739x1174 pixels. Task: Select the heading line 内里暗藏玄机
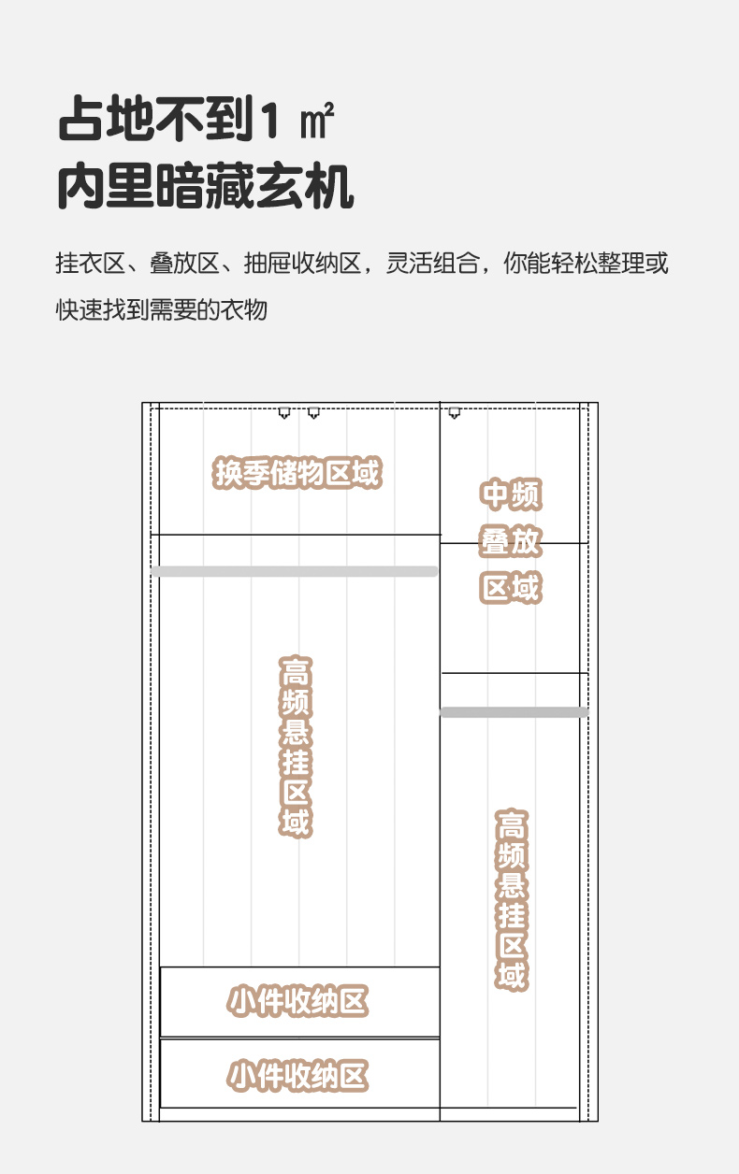tap(206, 187)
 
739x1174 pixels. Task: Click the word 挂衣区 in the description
tap(90, 264)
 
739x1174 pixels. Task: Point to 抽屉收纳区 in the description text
tap(303, 264)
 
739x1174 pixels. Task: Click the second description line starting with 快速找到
tap(162, 309)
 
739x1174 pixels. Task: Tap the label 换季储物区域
tap(297, 473)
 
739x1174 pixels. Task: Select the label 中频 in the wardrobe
tap(511, 494)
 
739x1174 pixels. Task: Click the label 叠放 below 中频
tap(511, 541)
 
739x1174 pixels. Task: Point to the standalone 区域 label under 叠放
tap(511, 588)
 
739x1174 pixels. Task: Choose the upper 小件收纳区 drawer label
tap(298, 1001)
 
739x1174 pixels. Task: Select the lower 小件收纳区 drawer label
tap(298, 1075)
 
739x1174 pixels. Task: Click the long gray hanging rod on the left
tap(295, 571)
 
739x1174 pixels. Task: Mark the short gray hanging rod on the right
tap(514, 712)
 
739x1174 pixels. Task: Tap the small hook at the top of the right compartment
tap(455, 412)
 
